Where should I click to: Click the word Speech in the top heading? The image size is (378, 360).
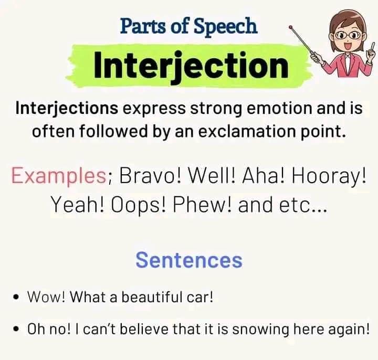pos(226,27)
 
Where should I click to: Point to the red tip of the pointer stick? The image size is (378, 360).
pos(291,27)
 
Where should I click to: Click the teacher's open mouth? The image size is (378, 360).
pos(348,46)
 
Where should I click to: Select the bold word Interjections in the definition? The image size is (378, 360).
pos(67,109)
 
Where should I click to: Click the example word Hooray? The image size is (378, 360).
pos(328,176)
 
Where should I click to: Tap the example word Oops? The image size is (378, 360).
pos(139,205)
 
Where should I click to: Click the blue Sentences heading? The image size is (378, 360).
pos(189,260)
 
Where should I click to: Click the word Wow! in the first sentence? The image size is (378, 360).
pos(46,297)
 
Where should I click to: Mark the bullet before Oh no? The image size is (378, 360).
pos(16,329)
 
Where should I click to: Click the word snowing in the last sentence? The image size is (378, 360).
pos(260,330)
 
